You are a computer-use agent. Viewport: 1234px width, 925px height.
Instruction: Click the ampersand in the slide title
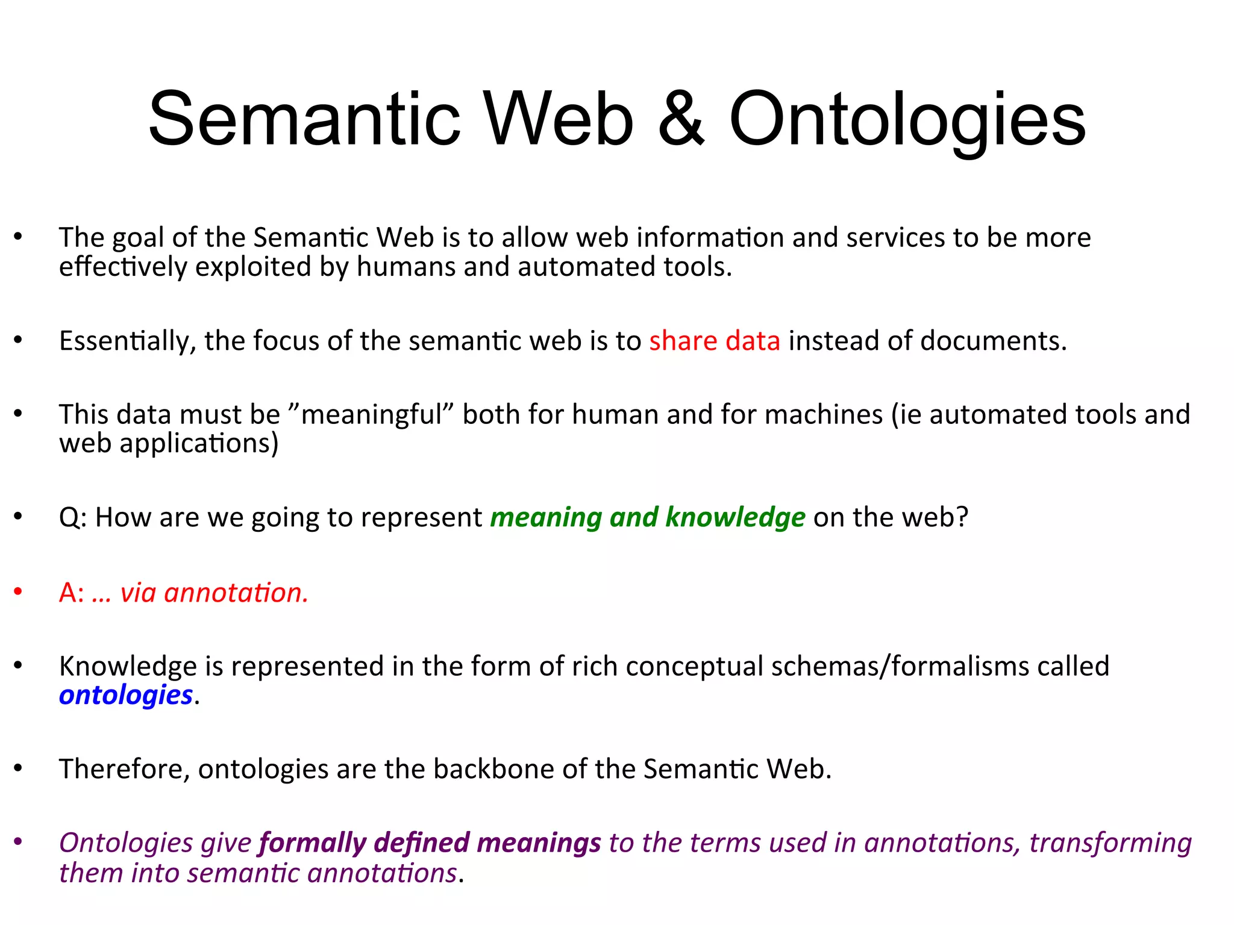click(681, 119)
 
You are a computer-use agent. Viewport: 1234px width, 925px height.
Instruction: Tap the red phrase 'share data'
click(714, 341)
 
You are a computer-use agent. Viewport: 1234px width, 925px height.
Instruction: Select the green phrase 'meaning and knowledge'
click(647, 517)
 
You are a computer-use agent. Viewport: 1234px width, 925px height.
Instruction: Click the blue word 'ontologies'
click(125, 695)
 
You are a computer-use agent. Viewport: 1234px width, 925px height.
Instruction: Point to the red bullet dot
click(18, 592)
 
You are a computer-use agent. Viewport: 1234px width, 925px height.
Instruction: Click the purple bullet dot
click(18, 841)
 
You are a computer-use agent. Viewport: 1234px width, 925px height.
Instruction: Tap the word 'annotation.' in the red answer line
click(236, 593)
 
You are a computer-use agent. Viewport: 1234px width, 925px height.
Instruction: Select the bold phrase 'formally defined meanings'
click(430, 842)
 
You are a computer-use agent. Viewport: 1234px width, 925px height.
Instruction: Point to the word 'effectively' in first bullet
click(123, 267)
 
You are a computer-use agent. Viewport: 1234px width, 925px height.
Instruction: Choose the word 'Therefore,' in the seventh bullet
click(124, 770)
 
